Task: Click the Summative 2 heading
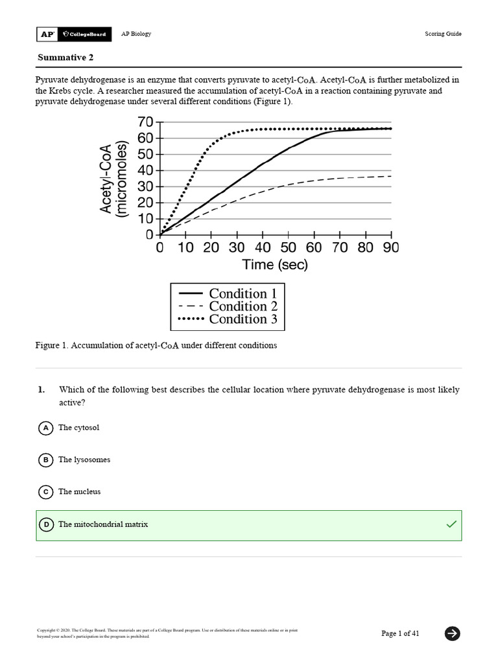pos(65,58)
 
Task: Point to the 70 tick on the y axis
pos(145,122)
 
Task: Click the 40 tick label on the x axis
pos(263,248)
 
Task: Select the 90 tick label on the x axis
pos(390,248)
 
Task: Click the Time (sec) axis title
pos(275,265)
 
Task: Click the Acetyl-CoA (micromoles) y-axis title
pos(114,179)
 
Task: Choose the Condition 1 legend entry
pos(228,294)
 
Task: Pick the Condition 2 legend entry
pos(228,306)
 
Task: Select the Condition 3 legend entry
pos(228,319)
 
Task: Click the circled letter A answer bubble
pos(46,428)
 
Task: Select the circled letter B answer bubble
pos(46,460)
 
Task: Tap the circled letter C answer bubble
pos(46,492)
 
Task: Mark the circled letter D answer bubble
pos(46,524)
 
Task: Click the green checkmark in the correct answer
pos(451,524)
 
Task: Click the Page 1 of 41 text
pos(400,633)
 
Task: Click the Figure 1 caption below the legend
pos(156,346)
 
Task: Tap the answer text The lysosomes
pos(84,460)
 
